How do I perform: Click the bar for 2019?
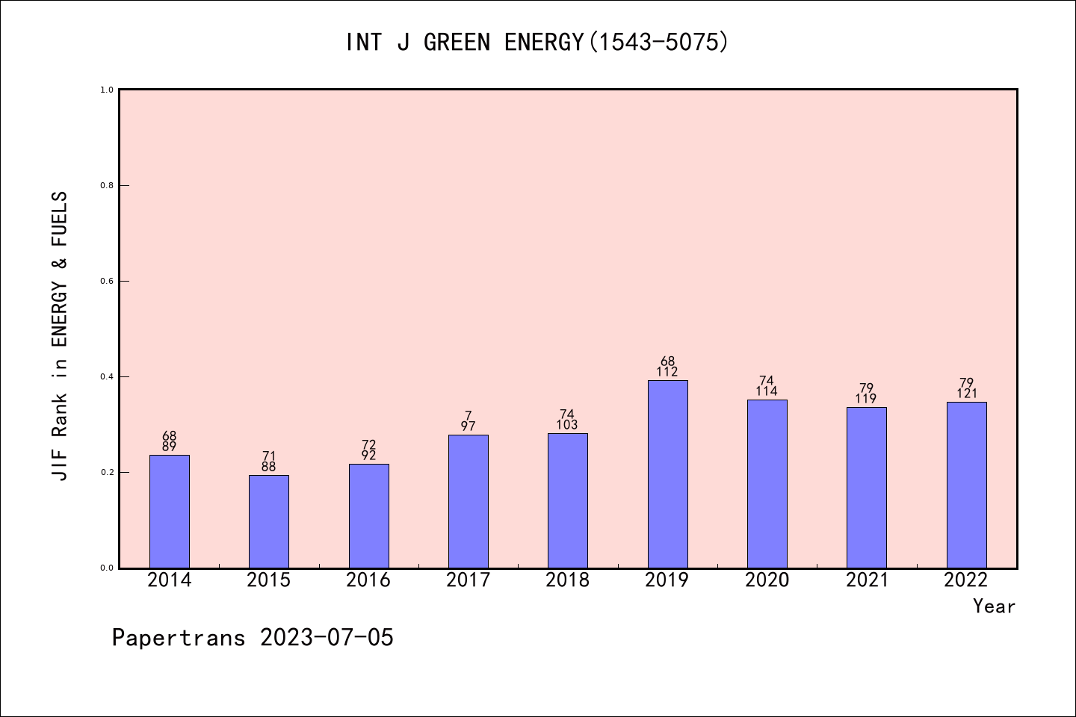[668, 474]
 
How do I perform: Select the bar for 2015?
[269, 522]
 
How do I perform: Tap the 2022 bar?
[966, 485]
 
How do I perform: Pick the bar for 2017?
[469, 502]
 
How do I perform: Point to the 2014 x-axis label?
[169, 580]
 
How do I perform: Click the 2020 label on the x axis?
[767, 580]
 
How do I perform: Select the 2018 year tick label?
[567, 580]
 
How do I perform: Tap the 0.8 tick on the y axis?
[107, 185]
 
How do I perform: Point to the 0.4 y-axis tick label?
[107, 377]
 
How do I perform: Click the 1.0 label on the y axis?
[107, 90]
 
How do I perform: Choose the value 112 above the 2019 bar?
[667, 372]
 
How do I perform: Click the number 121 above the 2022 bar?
[966, 394]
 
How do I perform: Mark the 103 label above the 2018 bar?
[567, 425]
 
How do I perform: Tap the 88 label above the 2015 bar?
[268, 467]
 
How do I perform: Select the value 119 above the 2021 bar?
[865, 399]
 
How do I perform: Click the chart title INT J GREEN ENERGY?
[465, 43]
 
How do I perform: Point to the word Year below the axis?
[995, 606]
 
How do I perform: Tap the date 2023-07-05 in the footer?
[327, 638]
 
